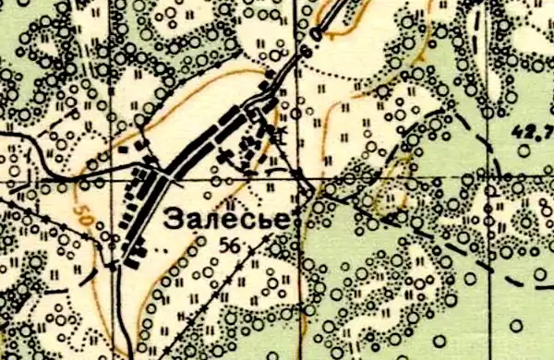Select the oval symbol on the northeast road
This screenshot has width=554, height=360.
(318, 35)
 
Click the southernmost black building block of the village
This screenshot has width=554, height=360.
(130, 263)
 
